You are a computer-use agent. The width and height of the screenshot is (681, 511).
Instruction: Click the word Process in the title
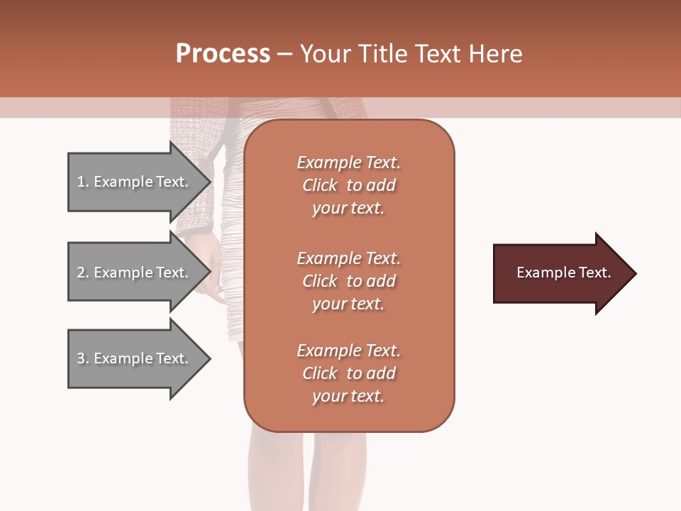pos(223,54)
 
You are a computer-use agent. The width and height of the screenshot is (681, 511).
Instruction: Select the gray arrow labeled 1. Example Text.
pos(135,182)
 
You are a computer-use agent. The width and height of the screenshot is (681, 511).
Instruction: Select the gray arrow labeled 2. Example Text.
pos(135,273)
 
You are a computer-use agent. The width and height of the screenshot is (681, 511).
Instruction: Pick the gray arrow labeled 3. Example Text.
pos(135,358)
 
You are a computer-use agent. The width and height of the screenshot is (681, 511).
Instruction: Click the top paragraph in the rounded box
pos(348,185)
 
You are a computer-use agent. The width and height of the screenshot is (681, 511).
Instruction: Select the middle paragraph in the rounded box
pos(348,280)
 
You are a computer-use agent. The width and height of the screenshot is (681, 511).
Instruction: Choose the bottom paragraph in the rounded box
pos(348,373)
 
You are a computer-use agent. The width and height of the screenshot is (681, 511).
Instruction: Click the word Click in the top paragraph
pos(319,185)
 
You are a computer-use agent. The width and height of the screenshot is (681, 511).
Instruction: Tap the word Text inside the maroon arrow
pos(595,273)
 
